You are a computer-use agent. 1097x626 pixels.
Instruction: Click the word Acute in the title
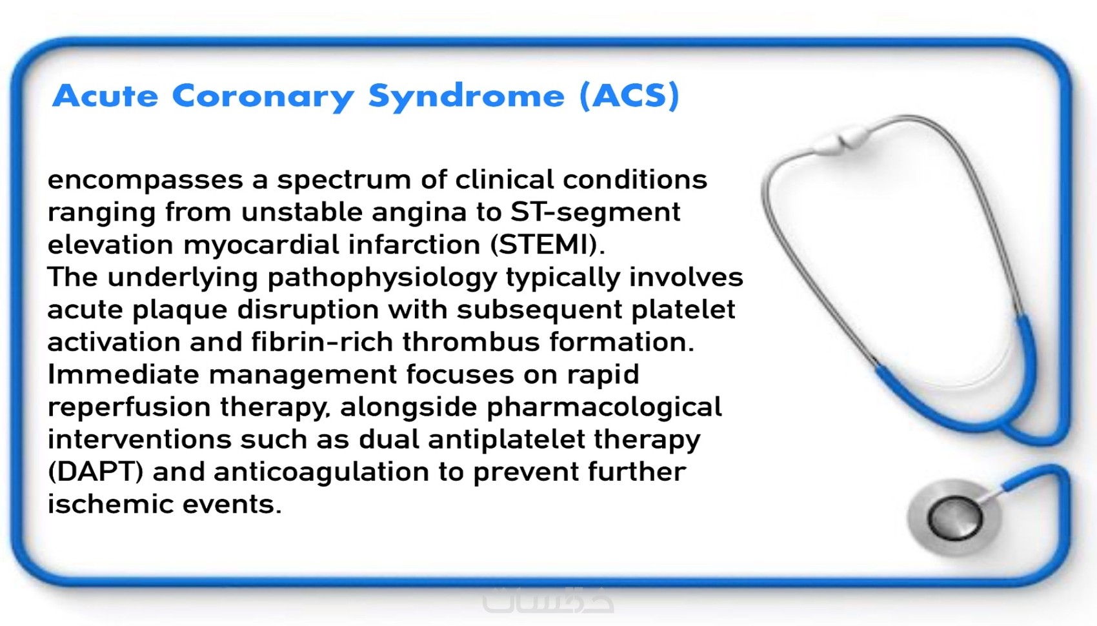pos(105,96)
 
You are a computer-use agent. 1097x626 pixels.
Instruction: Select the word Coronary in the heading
pos(263,97)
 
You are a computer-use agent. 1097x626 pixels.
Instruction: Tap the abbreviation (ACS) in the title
pos(629,96)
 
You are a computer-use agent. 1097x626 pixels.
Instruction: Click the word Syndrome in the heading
pos(466,97)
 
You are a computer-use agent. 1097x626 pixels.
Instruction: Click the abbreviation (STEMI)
pos(548,245)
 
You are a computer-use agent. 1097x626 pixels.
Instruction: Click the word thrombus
pos(470,341)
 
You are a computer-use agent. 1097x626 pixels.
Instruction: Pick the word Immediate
pos(123,374)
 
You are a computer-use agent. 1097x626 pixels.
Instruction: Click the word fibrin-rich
pos(322,341)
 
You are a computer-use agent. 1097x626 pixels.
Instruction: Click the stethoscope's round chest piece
pos(954,518)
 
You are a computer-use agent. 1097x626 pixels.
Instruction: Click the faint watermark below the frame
pos(548,600)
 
